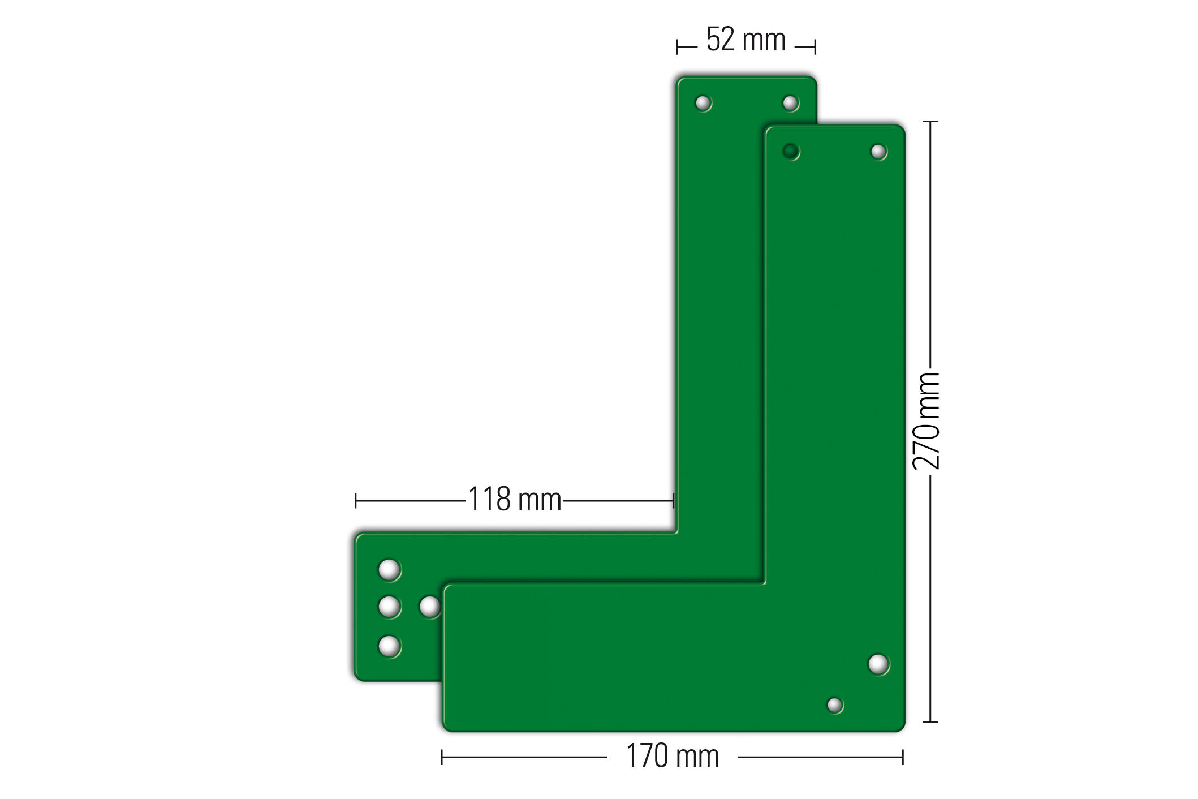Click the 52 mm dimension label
(745, 40)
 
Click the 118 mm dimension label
(514, 500)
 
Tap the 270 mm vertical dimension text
(926, 421)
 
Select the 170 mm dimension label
(672, 756)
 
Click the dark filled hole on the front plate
(790, 151)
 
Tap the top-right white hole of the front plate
(878, 151)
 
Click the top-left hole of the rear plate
(703, 103)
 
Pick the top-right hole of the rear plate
(790, 103)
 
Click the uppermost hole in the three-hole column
(389, 569)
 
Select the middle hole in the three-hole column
(389, 607)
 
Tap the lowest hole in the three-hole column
(389, 645)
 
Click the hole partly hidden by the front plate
(430, 607)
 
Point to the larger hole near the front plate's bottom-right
(878, 664)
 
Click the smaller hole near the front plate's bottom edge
(834, 705)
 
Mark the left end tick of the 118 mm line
(355, 501)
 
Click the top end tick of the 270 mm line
(930, 121)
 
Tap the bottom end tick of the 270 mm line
(930, 722)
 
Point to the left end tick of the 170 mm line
(442, 757)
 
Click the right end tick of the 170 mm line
(903, 757)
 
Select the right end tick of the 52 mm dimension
(815, 47)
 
